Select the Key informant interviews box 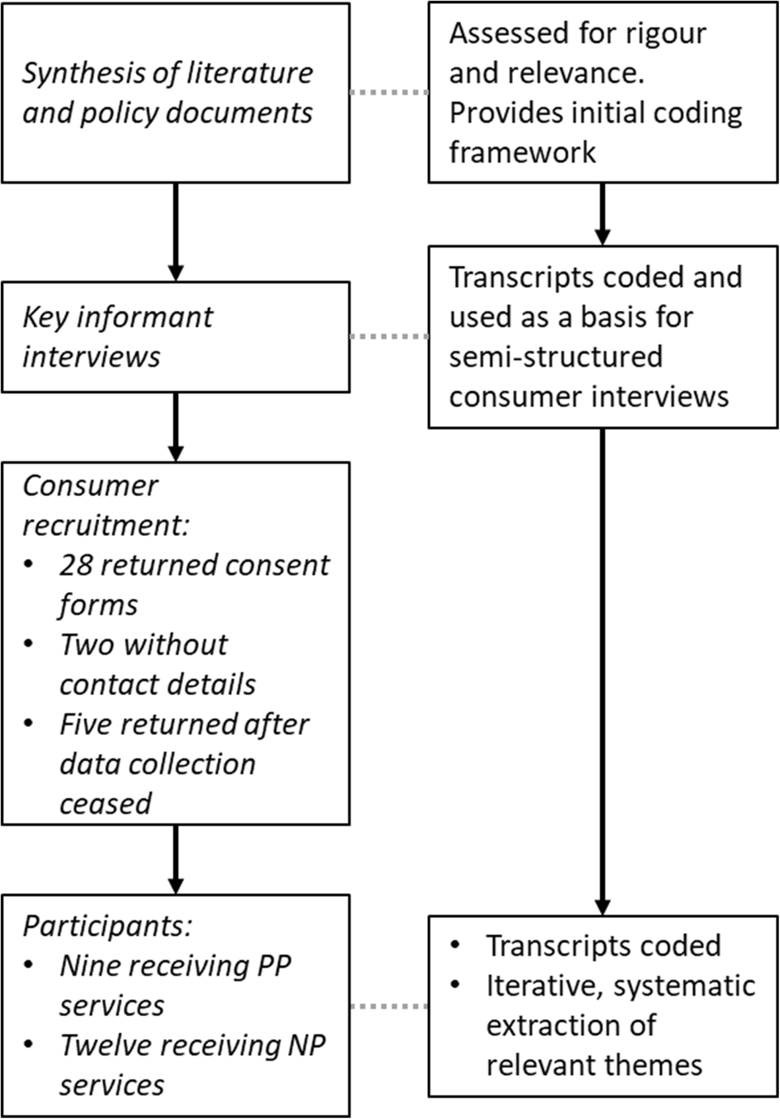point(175,337)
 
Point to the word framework point(522,153)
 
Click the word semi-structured point(555,357)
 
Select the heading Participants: point(107,926)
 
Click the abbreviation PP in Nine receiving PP point(273,966)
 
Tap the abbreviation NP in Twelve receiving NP point(306,1045)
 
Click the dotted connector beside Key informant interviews point(388,337)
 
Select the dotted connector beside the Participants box point(388,1006)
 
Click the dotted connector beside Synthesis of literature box point(388,92)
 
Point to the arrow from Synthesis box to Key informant point(175,231)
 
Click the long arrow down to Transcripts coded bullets point(602,667)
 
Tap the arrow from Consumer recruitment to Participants point(175,859)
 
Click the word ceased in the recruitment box point(105,804)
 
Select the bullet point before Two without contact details point(28,644)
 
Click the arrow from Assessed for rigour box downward point(602,213)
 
